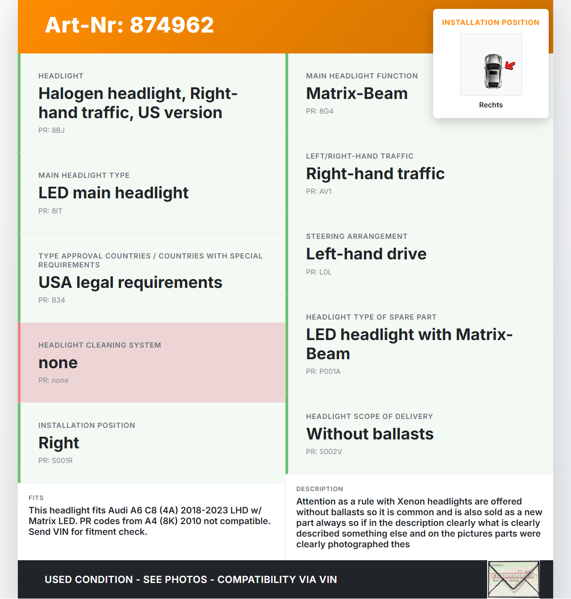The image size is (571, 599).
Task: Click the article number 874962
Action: (172, 25)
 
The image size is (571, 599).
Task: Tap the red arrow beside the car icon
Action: (510, 66)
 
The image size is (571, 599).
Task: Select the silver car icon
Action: (493, 71)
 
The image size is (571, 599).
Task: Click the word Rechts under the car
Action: (491, 105)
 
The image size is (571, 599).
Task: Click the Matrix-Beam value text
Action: (357, 94)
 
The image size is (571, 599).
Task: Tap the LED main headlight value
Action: (113, 193)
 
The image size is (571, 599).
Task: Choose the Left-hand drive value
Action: (366, 254)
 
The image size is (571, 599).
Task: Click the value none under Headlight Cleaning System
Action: (58, 363)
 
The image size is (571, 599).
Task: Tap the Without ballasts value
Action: (370, 434)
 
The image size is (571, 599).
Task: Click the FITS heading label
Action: (36, 498)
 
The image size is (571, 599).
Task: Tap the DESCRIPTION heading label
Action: (319, 489)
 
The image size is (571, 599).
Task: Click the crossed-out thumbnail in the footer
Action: (513, 579)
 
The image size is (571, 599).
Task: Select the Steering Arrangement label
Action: (356, 237)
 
